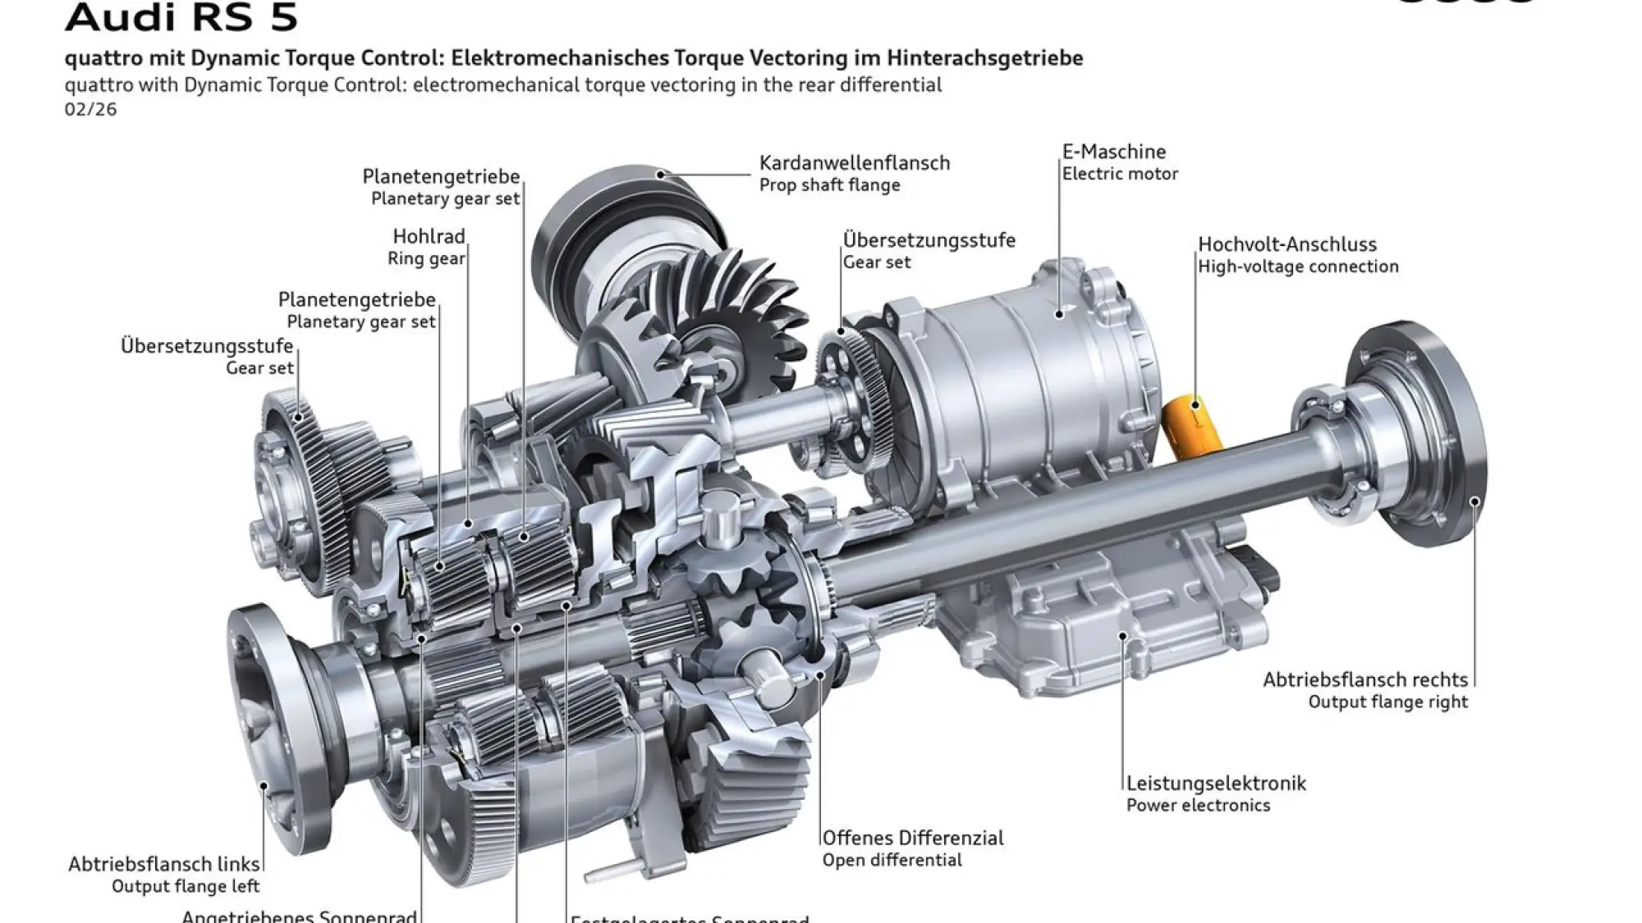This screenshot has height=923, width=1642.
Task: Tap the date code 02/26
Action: coord(90,109)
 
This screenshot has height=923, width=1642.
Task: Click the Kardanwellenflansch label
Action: coord(854,162)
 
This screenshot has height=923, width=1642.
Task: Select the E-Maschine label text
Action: coord(1113,152)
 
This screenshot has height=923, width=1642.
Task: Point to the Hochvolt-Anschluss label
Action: coord(1287,244)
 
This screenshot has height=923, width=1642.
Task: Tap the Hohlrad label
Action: coord(429,236)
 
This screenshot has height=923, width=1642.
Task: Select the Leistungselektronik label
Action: coord(1215,783)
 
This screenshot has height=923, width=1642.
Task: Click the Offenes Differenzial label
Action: coord(913,838)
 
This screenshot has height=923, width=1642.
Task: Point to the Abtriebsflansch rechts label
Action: coord(1365,679)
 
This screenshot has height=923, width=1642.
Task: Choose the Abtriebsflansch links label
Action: coord(163,864)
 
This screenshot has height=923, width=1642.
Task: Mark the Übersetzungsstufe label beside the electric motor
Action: coord(929,240)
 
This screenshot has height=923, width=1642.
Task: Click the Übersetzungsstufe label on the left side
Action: coord(206,345)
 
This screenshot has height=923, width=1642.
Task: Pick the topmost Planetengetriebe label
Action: coord(441,176)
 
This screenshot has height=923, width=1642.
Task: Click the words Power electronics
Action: coord(1197,805)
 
